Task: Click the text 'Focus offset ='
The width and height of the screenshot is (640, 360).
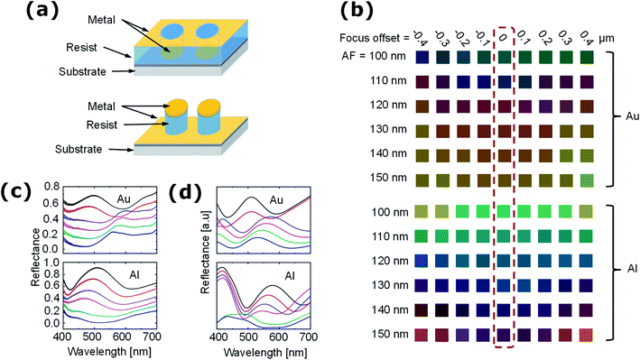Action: coord(370,38)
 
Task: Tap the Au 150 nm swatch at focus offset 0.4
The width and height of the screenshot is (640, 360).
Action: coord(587,179)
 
